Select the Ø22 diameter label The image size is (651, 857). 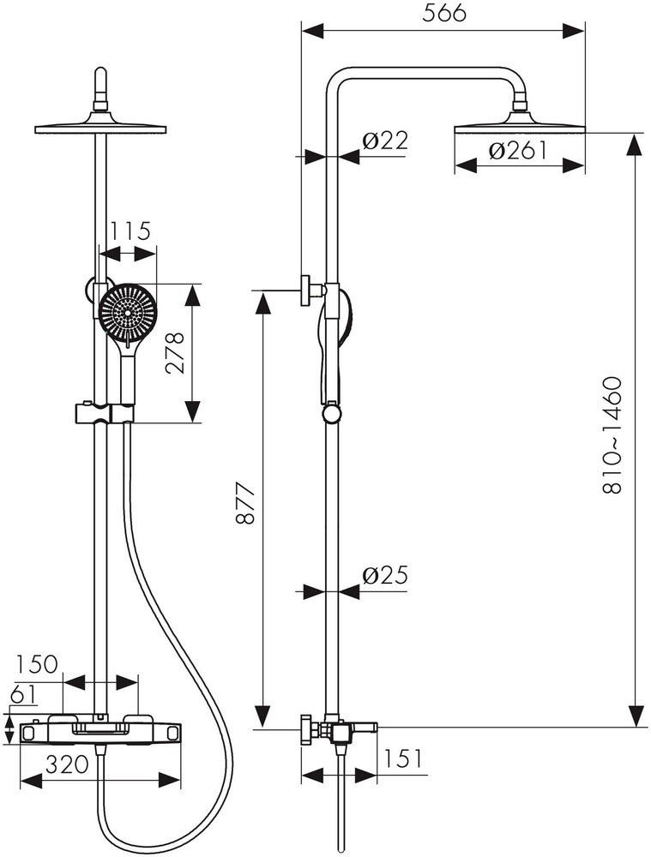point(384,141)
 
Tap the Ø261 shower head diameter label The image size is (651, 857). point(518,151)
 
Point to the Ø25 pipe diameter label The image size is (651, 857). point(384,575)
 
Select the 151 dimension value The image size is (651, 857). point(403,759)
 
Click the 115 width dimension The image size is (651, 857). point(130,231)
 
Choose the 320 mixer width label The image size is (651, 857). point(67,764)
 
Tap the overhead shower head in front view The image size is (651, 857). point(101,125)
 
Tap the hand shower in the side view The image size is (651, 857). point(333,343)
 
